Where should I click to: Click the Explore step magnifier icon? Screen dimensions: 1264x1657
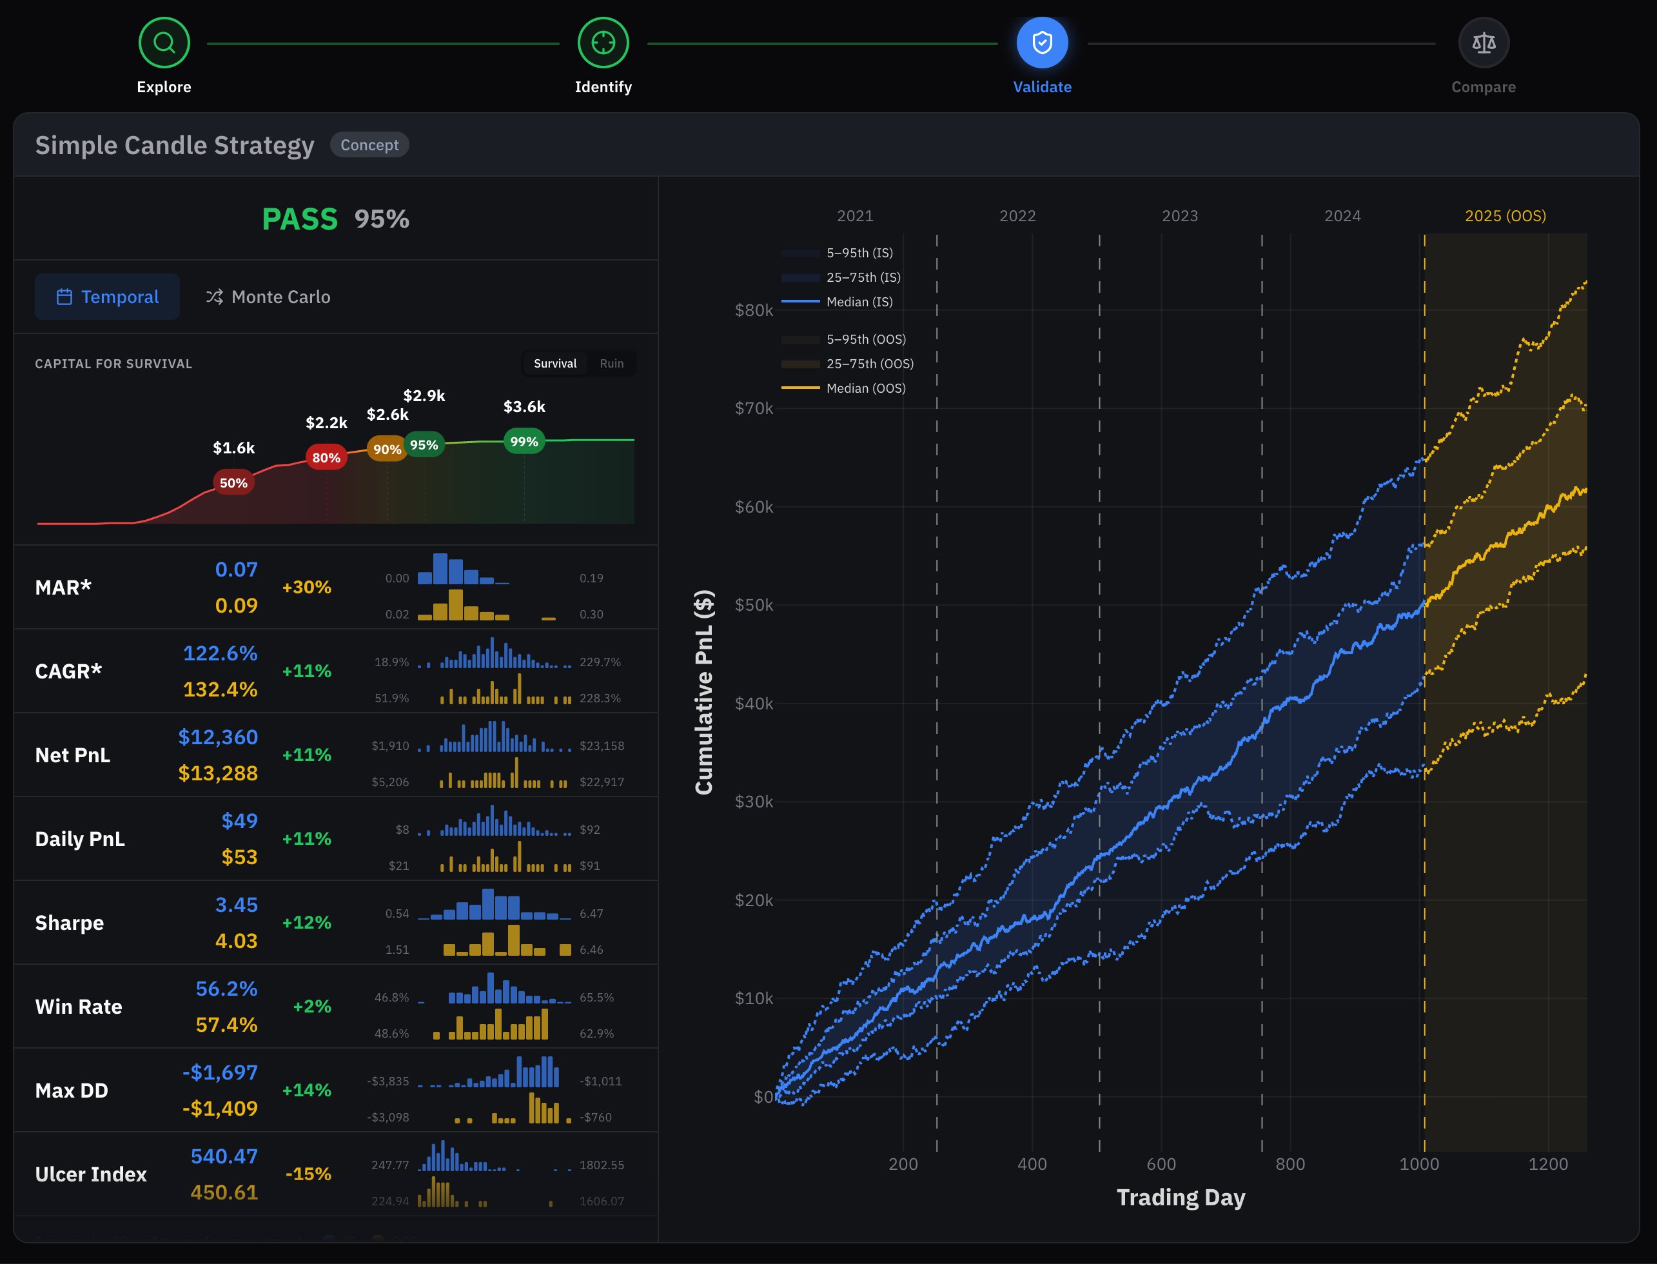point(164,43)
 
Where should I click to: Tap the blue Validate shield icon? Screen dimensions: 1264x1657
point(1042,43)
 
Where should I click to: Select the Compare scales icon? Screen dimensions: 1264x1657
point(1484,43)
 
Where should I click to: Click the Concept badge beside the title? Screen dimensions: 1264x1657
point(369,145)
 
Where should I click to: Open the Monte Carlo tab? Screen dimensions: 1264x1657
point(268,297)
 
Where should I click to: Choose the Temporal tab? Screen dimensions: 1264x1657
point(108,297)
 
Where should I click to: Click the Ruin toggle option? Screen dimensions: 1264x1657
point(611,364)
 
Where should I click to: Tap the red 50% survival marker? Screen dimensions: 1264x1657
point(233,483)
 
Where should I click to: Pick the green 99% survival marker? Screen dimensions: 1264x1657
point(524,442)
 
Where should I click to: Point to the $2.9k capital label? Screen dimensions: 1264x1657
point(424,396)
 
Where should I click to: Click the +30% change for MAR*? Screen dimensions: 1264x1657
point(306,587)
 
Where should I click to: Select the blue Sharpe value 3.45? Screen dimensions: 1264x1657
point(236,904)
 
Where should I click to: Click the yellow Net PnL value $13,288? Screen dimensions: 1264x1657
point(218,773)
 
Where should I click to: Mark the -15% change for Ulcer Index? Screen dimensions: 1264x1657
point(308,1174)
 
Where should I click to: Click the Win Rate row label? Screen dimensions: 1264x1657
point(79,1007)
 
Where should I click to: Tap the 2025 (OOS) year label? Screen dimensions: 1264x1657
point(1505,216)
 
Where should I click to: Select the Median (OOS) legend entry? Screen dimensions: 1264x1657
point(865,388)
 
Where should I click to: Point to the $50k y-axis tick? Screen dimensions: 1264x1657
point(754,605)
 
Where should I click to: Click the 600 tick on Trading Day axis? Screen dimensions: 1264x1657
point(1161,1164)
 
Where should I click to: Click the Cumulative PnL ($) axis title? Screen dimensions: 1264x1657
point(704,692)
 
